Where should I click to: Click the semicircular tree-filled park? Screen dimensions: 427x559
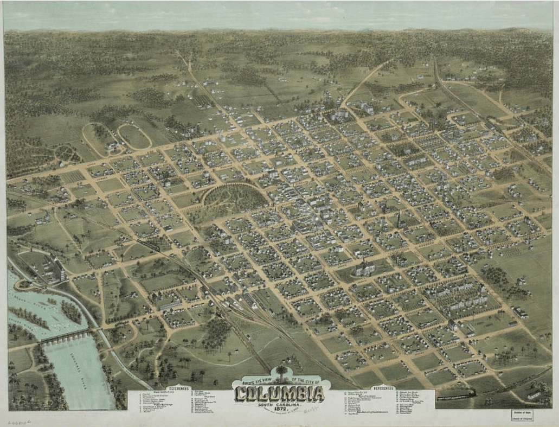(236, 196)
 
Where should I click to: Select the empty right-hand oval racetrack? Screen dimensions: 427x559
(133, 136)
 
